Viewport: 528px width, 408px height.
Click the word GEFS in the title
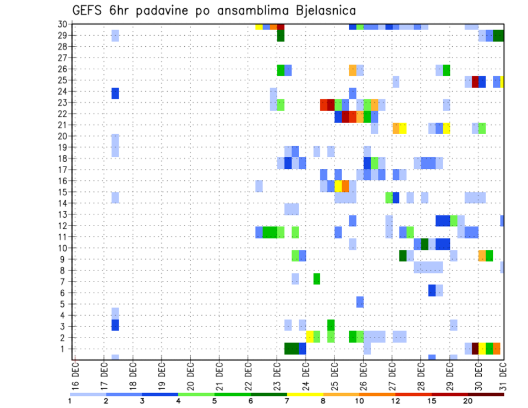(x=89, y=10)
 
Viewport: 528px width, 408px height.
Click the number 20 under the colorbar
(x=468, y=400)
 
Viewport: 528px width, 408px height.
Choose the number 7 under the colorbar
(x=287, y=400)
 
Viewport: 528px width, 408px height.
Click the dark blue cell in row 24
(x=115, y=93)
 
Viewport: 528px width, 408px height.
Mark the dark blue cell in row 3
(x=115, y=325)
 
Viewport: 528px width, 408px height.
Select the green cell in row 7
(x=317, y=279)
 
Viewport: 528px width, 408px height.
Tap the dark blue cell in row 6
(x=432, y=290)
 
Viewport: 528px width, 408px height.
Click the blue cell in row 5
(x=360, y=302)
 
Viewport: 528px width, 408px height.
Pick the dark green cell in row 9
(x=403, y=256)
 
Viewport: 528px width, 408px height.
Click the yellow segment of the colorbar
(x=305, y=394)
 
